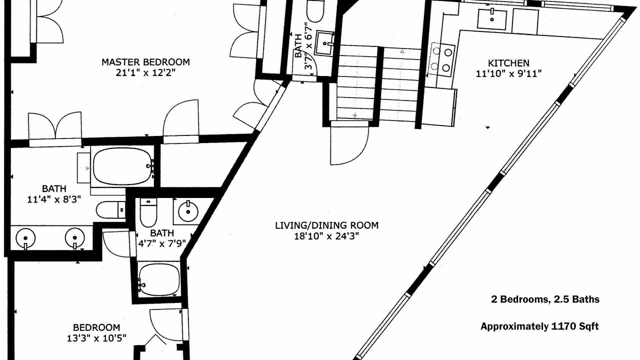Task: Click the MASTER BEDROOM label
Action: [145, 62]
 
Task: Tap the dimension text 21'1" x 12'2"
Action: [145, 73]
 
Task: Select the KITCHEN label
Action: [508, 63]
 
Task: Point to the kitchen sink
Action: [492, 19]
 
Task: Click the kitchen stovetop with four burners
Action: [441, 59]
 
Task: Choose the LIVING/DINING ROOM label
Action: [327, 225]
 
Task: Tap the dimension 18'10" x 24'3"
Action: [326, 236]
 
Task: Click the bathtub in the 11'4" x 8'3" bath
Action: [123, 166]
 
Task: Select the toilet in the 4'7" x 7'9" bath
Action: [148, 212]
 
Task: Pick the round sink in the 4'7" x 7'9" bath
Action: [188, 211]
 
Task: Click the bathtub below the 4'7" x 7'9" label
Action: [158, 280]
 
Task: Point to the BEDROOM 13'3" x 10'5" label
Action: [96, 333]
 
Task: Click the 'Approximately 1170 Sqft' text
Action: [539, 326]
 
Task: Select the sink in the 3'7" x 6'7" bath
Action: [324, 43]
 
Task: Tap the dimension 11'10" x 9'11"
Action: [508, 73]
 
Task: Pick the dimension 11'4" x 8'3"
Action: [54, 199]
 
